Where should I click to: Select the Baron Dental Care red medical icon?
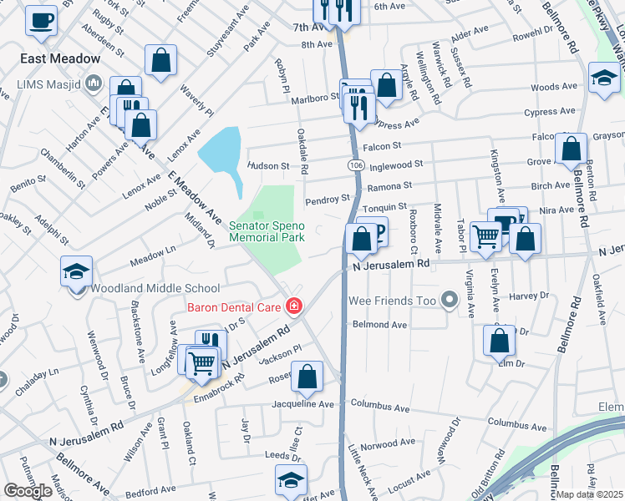[293, 307]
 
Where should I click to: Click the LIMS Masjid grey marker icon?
[93, 84]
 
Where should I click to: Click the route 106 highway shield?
[353, 167]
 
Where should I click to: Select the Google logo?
[28, 491]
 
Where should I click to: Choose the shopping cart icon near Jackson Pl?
[202, 362]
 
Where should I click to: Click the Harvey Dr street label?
[529, 296]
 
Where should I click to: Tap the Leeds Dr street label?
[276, 455]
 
